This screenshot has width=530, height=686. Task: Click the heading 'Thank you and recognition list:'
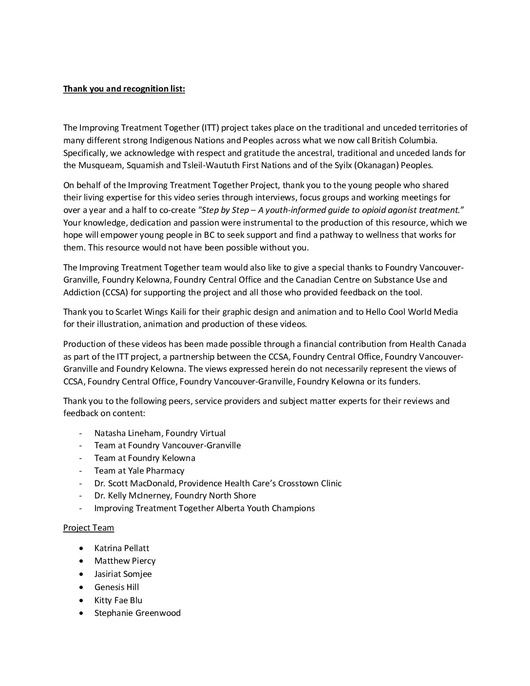click(x=124, y=89)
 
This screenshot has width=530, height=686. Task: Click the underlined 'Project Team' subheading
click(x=88, y=528)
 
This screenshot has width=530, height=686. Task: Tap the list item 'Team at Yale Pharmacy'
click(x=139, y=471)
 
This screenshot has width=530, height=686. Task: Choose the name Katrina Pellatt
click(x=122, y=548)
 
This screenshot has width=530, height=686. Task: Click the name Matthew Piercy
click(x=125, y=561)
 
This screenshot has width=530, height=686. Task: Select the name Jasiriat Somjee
click(x=123, y=574)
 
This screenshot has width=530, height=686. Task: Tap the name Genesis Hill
click(x=116, y=587)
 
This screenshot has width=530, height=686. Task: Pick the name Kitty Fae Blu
click(x=118, y=600)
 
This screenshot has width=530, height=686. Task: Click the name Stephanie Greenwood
click(x=137, y=613)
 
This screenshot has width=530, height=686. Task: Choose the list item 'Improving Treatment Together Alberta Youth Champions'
click(x=205, y=508)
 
